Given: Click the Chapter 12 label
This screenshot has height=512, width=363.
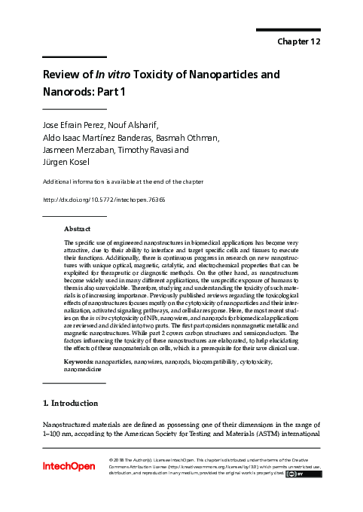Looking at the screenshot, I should click(299, 41).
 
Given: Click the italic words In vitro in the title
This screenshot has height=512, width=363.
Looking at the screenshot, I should click(111, 75).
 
